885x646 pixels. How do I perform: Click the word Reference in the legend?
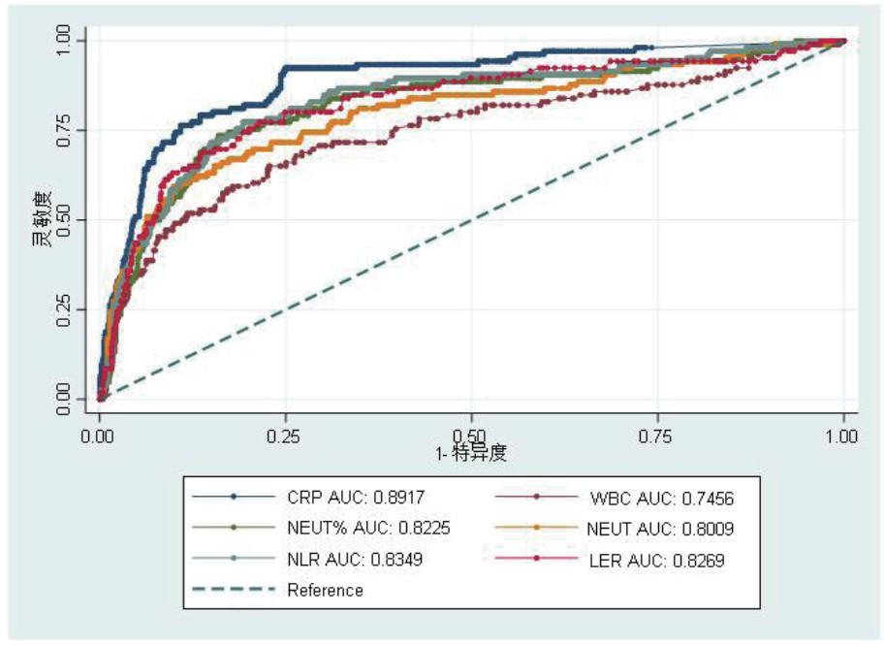325,590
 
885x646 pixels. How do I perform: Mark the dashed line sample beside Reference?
233,590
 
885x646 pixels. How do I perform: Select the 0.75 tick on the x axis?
658,436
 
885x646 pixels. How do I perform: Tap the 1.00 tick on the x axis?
844,436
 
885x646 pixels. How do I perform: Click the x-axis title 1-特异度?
472,453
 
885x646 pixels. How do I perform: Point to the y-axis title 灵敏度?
42,219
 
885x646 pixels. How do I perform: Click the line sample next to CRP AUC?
233,498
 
